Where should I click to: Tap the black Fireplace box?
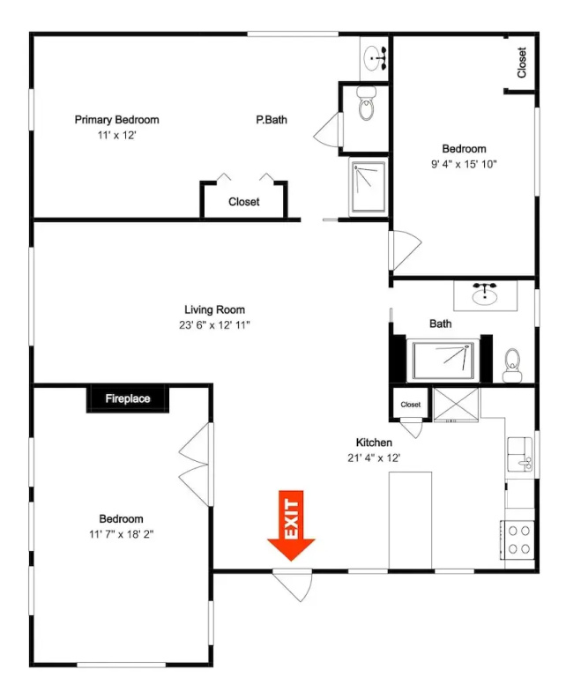(128, 398)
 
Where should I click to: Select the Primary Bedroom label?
(116, 120)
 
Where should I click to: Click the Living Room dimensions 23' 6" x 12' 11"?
(214, 325)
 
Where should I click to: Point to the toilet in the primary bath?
(367, 104)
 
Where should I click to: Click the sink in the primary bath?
(375, 58)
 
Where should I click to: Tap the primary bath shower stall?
(369, 187)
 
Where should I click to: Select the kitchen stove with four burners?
(518, 540)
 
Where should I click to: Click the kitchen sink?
(520, 454)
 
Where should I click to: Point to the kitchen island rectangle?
(410, 520)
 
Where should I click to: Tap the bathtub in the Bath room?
(443, 361)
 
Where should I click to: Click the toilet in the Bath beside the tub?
(512, 365)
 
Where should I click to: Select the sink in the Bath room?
(485, 294)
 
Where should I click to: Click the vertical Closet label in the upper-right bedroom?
(522, 63)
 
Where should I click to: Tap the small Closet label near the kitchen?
(410, 405)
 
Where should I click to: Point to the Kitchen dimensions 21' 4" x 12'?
(374, 458)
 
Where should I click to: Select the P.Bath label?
(272, 120)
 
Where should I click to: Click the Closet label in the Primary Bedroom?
(244, 202)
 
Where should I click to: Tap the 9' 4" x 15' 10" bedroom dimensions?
(464, 164)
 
